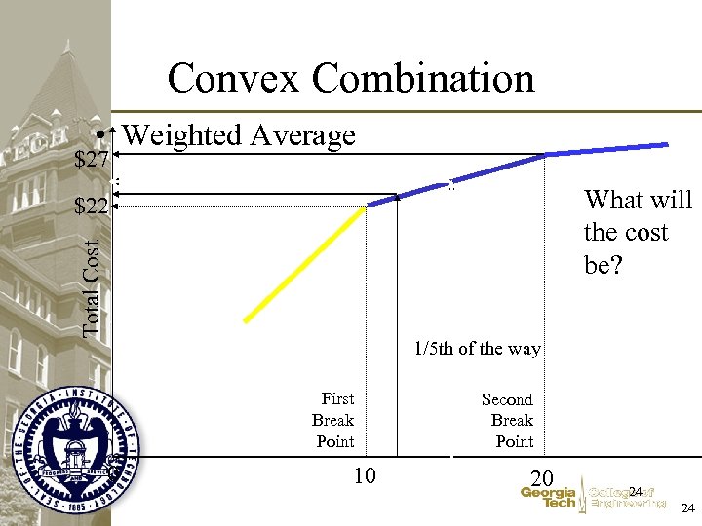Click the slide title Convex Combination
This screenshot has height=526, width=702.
tap(351, 78)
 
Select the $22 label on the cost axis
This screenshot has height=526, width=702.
tap(92, 207)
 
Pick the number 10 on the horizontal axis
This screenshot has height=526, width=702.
tap(365, 476)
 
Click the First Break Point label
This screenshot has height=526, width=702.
tap(334, 420)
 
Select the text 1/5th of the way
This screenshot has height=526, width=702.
tap(477, 349)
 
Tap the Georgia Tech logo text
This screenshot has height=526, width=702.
tap(548, 497)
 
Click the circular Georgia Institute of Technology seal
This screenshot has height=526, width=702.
tap(77, 449)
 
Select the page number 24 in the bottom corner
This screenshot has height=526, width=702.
tap(687, 508)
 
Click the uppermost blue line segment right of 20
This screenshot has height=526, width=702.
tap(609, 149)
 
